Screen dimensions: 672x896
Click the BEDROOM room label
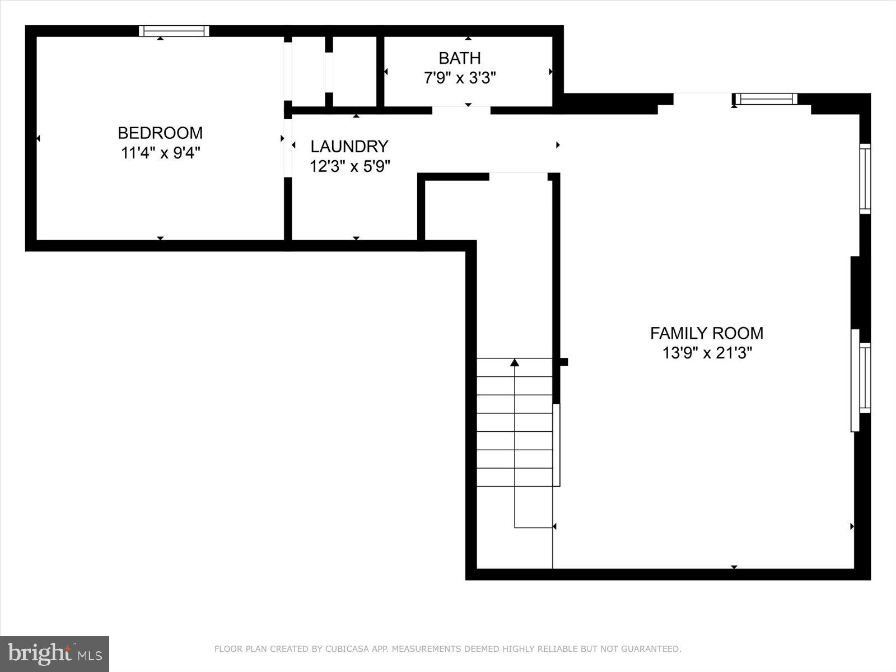click(160, 133)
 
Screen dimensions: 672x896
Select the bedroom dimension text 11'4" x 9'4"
click(160, 153)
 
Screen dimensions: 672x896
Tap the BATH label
click(459, 58)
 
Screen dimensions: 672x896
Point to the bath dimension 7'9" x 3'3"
click(459, 78)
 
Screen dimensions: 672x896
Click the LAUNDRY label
click(349, 146)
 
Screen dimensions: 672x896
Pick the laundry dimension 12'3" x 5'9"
click(349, 166)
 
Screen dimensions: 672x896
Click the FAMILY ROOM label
click(706, 333)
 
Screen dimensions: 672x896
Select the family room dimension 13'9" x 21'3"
click(707, 353)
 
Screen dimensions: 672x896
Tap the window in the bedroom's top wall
click(174, 31)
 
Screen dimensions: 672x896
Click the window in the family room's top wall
click(766, 99)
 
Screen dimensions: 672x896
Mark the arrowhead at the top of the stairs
click(515, 363)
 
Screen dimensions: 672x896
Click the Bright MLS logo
click(54, 654)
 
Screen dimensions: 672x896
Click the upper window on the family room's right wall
click(865, 179)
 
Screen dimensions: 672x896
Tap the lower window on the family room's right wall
click(865, 378)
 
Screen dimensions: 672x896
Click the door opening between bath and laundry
click(461, 110)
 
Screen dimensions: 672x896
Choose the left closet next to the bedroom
click(308, 71)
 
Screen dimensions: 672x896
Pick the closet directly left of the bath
click(354, 71)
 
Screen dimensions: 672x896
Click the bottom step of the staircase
click(515, 477)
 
